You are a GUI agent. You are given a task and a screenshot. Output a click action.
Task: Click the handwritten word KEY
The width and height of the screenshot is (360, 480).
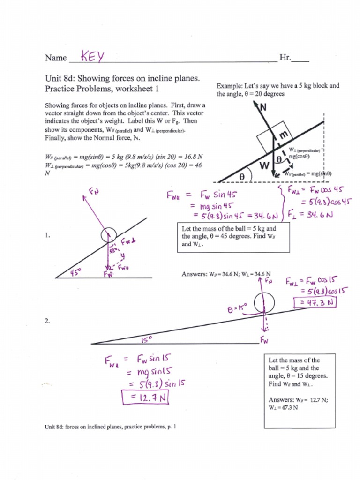[x=92, y=57]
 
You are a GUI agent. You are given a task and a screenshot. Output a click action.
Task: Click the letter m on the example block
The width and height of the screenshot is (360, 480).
[x=283, y=135]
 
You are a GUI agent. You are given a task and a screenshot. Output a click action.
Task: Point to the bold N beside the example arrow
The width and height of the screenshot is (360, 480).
[x=262, y=107]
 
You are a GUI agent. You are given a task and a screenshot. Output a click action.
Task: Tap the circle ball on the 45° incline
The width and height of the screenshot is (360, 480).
[x=109, y=235]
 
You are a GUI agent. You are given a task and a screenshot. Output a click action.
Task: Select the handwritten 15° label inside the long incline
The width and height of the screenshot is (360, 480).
[x=146, y=338]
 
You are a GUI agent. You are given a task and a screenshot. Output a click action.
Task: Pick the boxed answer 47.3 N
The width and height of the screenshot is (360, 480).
[x=315, y=303]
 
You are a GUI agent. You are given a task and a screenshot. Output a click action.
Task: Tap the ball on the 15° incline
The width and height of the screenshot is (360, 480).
[x=264, y=302]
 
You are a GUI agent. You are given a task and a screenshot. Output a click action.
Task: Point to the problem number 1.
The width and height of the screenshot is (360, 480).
[x=47, y=236]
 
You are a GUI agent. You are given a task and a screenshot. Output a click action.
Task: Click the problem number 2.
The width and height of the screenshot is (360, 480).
[x=47, y=321]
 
